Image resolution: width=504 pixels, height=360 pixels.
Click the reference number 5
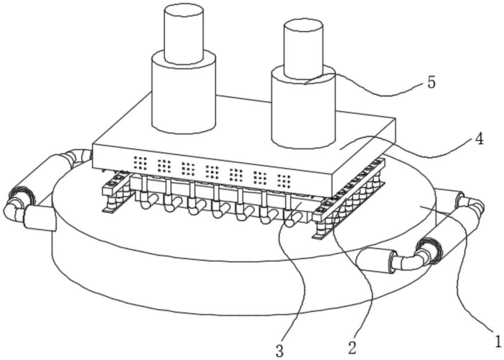(x=431, y=82)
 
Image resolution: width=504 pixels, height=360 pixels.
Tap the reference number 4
(x=479, y=139)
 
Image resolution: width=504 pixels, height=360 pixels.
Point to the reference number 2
(x=352, y=347)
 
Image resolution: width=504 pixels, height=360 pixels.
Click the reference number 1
(x=496, y=341)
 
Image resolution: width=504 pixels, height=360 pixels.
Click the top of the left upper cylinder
(x=184, y=10)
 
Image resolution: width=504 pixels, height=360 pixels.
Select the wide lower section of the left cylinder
(x=184, y=96)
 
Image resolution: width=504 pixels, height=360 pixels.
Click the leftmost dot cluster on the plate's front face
(x=140, y=162)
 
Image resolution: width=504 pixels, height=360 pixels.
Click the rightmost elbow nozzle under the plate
(x=292, y=217)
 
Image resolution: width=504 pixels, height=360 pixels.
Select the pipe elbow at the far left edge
(x=13, y=211)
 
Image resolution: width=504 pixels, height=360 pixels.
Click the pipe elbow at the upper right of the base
(x=472, y=204)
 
